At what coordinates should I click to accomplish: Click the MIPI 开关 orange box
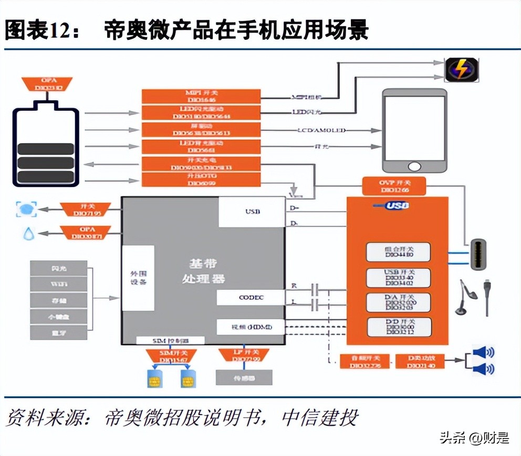pos(201,95)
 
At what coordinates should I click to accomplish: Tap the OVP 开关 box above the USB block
pos(393,186)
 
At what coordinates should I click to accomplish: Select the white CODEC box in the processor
pos(251,298)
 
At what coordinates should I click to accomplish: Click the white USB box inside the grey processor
pos(252,212)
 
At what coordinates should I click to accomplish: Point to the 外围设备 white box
pos(138,278)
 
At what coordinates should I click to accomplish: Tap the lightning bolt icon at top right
pos(463,69)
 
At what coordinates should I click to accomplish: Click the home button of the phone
pos(414,166)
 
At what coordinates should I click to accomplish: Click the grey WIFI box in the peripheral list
pos(59,285)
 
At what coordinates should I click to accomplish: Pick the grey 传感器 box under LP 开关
pos(244,377)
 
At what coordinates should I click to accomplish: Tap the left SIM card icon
pos(156,378)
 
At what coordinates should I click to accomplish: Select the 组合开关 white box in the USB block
pos(398,252)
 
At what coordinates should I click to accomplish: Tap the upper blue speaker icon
pos(484,352)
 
